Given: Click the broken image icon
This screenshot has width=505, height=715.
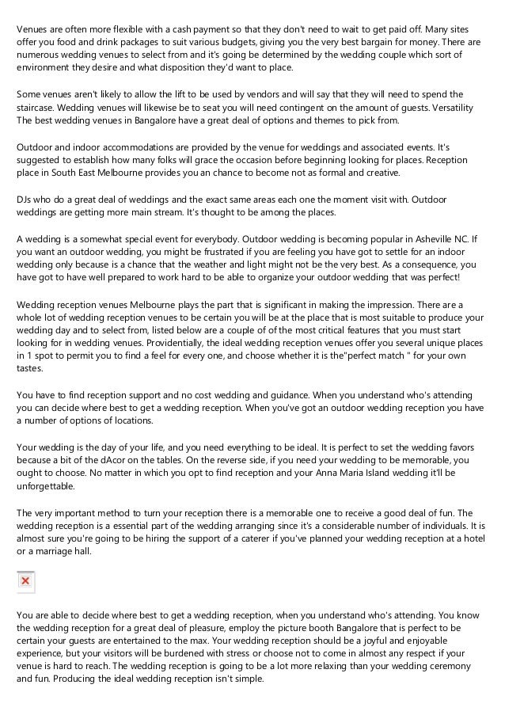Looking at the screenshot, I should click(x=25, y=582).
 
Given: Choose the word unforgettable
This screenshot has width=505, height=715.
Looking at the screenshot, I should click(x=50, y=489).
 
